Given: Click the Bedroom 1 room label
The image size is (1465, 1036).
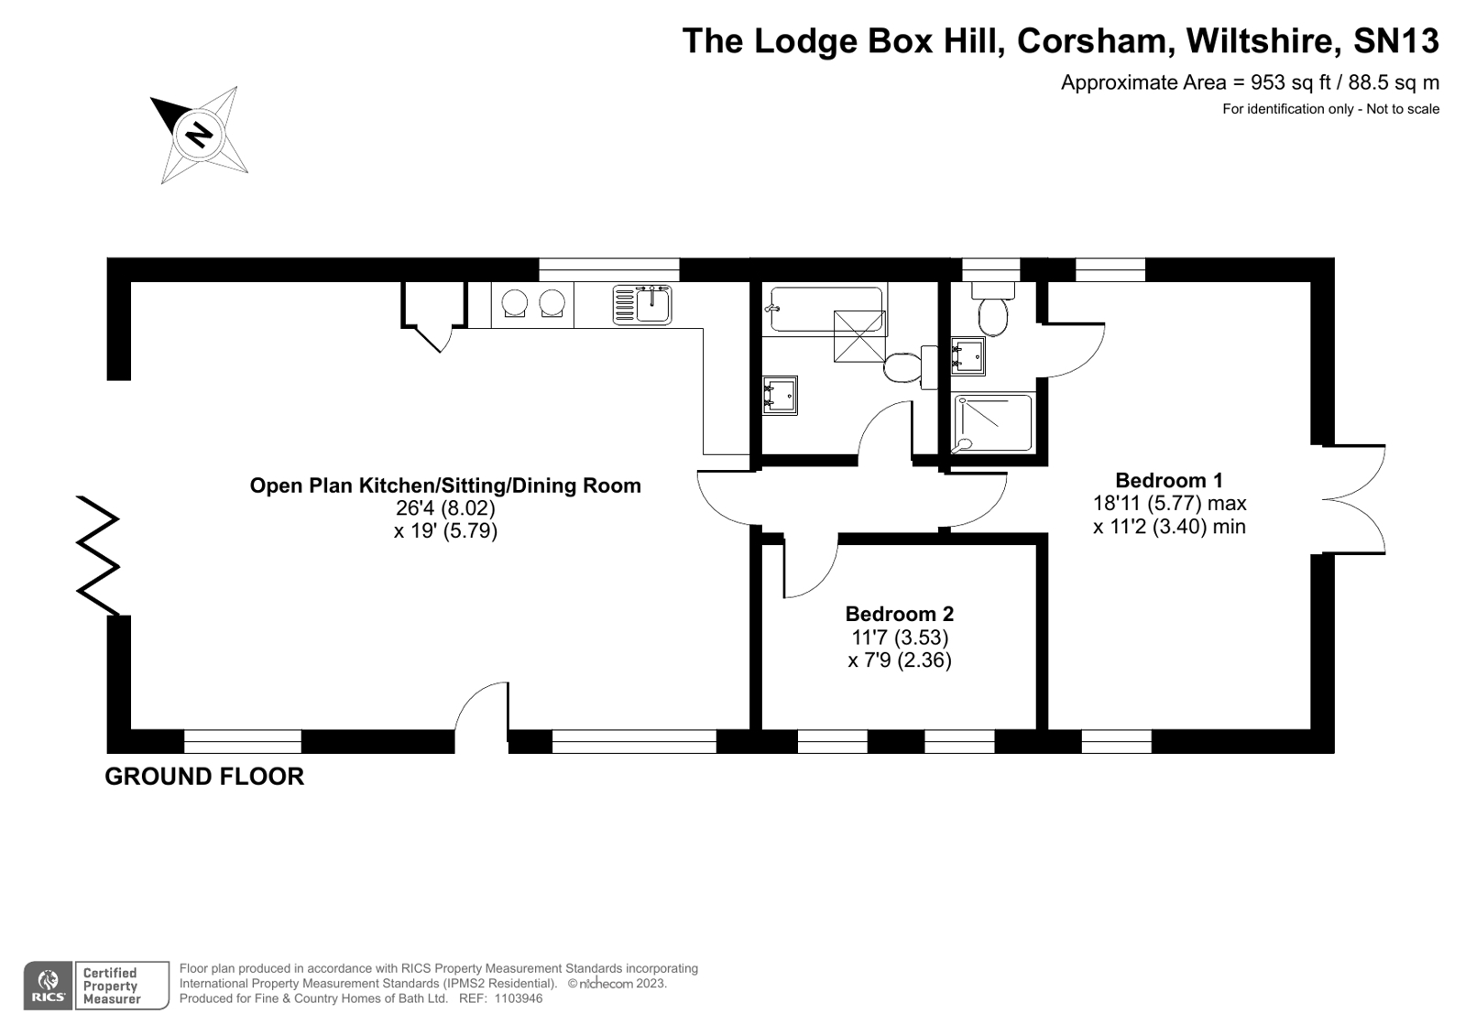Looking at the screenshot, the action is [x=1169, y=480].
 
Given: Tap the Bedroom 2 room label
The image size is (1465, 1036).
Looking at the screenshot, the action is [x=900, y=614].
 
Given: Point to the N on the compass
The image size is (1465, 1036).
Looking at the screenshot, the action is [x=199, y=136].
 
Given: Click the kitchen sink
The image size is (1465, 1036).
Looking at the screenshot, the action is [x=641, y=305].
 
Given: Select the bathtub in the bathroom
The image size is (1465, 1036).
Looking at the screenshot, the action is [x=826, y=310].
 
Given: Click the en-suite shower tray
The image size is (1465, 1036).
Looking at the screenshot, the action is [x=993, y=422].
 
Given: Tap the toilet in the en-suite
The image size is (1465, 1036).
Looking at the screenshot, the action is [x=993, y=309].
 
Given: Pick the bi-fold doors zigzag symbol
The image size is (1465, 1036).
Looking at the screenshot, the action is [x=98, y=556].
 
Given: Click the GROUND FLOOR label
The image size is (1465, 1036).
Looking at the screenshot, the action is [x=204, y=777].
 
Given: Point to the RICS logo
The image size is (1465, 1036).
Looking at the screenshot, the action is [x=48, y=986].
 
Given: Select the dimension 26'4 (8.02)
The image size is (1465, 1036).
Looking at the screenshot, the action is [x=445, y=507].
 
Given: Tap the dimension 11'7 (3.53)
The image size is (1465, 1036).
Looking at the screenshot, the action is [x=900, y=637].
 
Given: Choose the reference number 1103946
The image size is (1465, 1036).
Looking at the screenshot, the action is [x=519, y=998].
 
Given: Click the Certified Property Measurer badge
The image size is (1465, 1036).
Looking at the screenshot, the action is [x=122, y=986].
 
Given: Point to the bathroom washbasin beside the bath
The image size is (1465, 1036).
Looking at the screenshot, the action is [x=781, y=395].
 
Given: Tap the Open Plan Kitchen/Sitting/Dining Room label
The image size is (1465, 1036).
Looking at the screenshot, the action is [x=445, y=485].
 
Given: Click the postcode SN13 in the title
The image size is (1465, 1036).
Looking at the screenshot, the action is [x=1395, y=40].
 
